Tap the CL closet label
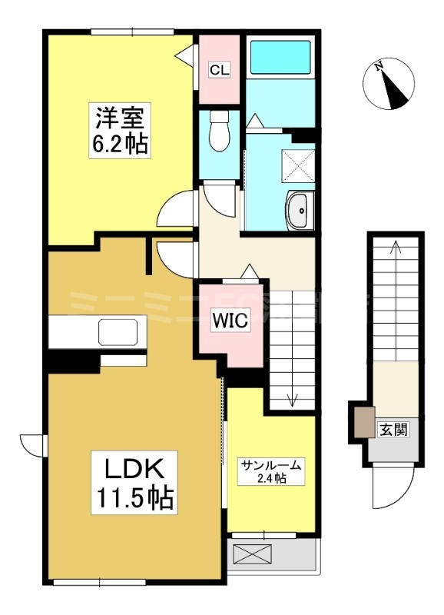(219, 70)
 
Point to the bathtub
(280, 57)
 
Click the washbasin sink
(298, 209)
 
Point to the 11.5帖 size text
(131, 498)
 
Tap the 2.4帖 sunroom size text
(271, 479)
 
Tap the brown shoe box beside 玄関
(361, 423)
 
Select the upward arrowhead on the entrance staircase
(396, 248)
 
